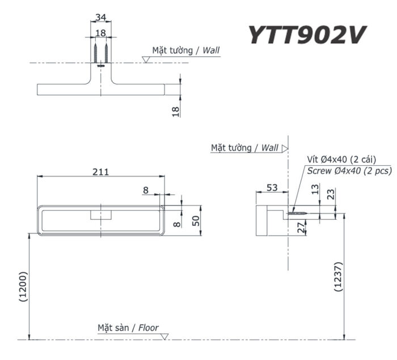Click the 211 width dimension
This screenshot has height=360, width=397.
point(100,171)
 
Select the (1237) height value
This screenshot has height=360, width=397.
point(338,277)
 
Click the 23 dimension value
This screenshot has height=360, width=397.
point(331,194)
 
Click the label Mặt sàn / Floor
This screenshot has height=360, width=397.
point(128,328)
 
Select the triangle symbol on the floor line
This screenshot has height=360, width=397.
point(164,337)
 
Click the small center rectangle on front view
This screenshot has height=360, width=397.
point(101,215)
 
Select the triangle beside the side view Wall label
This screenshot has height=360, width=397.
point(285,148)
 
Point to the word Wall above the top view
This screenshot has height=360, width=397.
point(209,50)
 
